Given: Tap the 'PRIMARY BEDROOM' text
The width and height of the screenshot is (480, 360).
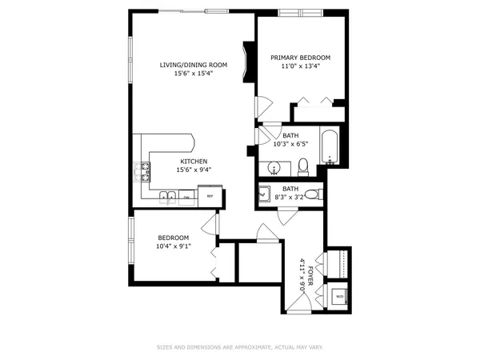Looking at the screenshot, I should coord(300,58).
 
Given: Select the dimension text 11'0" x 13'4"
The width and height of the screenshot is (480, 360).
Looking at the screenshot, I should coord(300,67).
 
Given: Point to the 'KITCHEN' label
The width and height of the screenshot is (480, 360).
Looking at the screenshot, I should coord(193,160).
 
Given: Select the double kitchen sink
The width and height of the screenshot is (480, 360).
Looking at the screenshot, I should coord(168,197).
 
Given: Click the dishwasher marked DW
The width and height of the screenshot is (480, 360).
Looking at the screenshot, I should coord(186,197).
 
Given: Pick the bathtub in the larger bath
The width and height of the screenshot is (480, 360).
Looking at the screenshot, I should coord(329,146).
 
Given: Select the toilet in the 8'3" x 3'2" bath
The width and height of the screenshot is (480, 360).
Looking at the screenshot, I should coord(313,194).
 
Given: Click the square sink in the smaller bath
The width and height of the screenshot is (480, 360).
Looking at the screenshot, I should coord(265,194).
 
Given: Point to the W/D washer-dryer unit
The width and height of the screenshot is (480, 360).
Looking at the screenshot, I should coord(339,296).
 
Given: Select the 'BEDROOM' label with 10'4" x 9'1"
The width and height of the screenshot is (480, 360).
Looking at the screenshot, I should coord(173,238).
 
